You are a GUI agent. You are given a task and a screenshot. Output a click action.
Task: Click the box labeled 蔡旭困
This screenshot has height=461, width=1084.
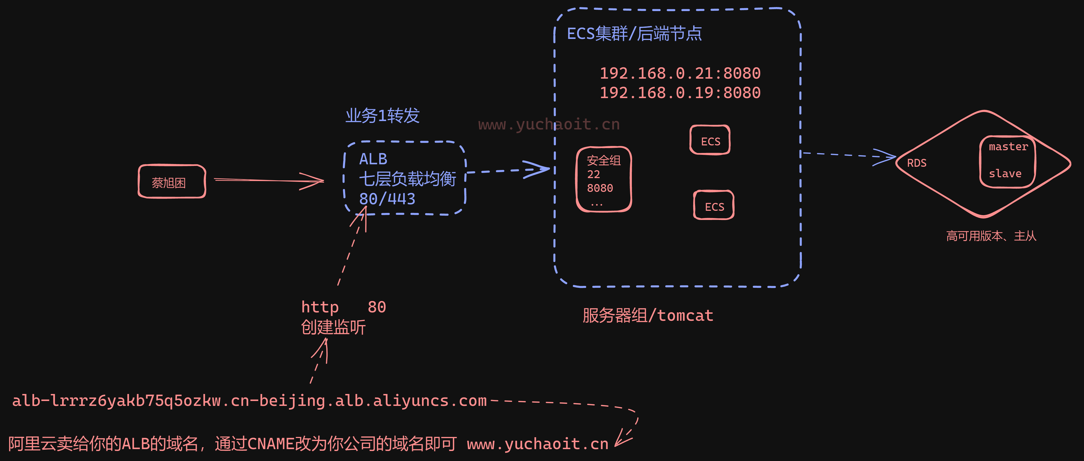172,182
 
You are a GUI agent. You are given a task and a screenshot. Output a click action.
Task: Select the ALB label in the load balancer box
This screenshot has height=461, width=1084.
373,159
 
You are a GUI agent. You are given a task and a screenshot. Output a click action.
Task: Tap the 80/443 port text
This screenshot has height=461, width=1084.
387,199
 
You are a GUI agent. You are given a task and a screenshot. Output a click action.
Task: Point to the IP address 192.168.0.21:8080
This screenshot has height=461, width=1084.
680,73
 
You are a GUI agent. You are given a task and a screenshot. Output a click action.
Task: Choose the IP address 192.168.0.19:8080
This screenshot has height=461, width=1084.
680,92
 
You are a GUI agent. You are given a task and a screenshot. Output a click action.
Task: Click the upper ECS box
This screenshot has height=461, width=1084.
710,141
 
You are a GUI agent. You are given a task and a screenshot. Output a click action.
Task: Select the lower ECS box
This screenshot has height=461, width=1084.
714,205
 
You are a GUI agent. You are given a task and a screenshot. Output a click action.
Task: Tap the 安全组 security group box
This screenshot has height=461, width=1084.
603,179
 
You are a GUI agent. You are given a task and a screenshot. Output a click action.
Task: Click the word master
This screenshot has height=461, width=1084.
1008,146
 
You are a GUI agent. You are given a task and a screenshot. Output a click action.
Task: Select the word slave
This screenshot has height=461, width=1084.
1005,173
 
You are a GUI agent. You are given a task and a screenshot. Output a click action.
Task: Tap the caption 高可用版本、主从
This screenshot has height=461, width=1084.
991,236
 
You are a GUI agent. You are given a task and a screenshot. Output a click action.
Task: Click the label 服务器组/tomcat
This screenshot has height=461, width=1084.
648,315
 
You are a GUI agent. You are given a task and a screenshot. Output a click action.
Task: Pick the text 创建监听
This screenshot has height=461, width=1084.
333,327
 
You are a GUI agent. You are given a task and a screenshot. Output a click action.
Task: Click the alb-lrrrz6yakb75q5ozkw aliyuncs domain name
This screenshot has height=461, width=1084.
249,401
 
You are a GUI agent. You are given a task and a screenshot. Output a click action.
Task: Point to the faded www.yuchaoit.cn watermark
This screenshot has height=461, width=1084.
549,124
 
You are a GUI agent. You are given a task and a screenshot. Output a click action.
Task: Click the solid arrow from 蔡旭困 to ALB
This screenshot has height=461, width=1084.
269,181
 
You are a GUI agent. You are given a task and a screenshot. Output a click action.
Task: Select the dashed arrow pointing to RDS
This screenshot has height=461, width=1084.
846,155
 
